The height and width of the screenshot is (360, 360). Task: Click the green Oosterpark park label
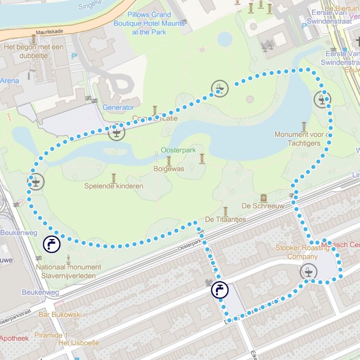point(178,150)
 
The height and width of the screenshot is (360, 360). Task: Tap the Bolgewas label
point(169,169)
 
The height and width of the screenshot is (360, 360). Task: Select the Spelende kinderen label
point(114,186)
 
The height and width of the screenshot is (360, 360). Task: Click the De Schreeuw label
point(263,206)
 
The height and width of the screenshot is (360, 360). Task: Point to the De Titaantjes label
point(225,219)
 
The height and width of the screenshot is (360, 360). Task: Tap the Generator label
point(118,108)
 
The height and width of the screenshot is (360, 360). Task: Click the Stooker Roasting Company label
point(302,252)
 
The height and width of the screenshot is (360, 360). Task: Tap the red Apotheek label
point(14,338)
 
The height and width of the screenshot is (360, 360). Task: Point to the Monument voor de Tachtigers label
point(303,139)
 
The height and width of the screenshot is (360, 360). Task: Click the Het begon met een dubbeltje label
point(33,51)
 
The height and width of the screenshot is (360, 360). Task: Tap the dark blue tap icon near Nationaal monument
point(51,244)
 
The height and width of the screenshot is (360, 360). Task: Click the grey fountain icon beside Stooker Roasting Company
point(309,272)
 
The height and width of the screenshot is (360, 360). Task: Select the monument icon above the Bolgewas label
point(169,160)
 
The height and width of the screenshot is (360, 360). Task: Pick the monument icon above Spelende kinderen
point(114,178)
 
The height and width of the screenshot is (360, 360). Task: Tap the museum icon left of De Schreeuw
point(264,198)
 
